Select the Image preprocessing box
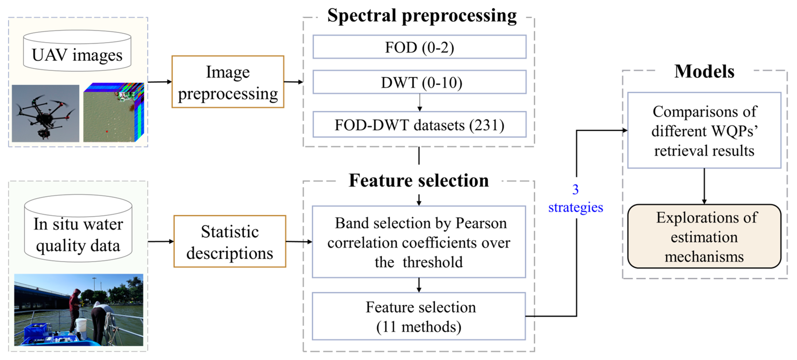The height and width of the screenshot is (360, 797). click(228, 82)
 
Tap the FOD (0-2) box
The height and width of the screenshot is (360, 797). click(419, 47)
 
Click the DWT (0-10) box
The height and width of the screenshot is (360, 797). click(419, 82)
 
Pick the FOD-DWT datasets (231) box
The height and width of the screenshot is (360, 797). click(419, 125)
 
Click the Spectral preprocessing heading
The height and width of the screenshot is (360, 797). click(422, 16)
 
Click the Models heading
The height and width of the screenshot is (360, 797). click(704, 72)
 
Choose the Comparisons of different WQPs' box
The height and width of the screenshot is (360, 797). click(704, 130)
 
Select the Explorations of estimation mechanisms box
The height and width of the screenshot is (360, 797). click(704, 237)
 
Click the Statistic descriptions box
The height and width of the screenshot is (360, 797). click(230, 242)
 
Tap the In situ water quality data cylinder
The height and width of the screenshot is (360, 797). click(78, 229)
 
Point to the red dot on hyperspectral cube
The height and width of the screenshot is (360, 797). click(107, 131)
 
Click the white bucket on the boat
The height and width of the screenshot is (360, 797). click(81, 324)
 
